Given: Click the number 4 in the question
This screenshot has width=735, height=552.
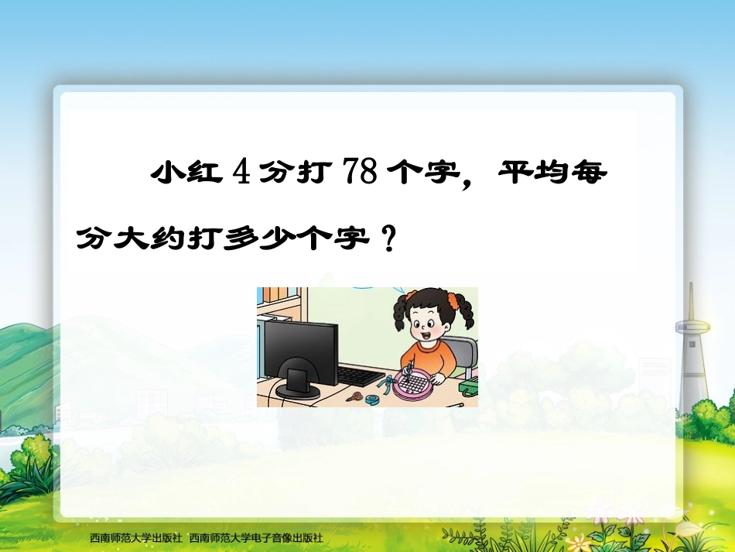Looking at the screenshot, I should pyautogui.click(x=242, y=172).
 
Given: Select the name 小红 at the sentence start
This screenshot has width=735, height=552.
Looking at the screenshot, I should pyautogui.click(x=183, y=173).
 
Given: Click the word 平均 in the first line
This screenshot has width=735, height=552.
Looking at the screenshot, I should pyautogui.click(x=533, y=173).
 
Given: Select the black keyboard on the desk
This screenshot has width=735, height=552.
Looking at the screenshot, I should pyautogui.click(x=361, y=376).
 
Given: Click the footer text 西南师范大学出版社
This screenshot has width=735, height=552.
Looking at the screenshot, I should pyautogui.click(x=135, y=537).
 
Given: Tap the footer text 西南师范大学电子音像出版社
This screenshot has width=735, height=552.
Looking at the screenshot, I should pyautogui.click(x=255, y=537).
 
